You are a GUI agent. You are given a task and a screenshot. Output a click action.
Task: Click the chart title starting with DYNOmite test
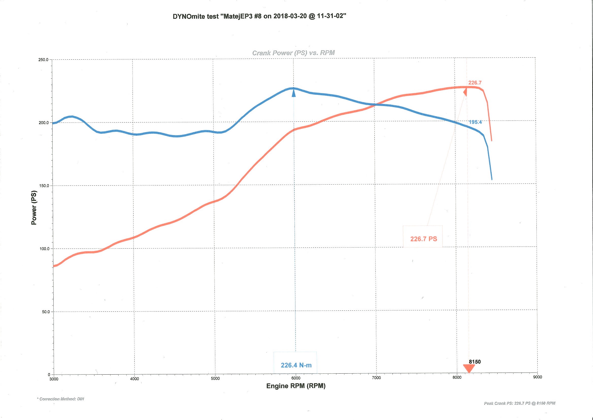pos(259,16)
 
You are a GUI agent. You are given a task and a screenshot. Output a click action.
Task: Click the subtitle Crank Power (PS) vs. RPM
pos(293,53)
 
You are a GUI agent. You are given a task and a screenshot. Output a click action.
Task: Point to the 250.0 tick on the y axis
pos(43,60)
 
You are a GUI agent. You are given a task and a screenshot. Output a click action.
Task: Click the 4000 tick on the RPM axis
pos(134,379)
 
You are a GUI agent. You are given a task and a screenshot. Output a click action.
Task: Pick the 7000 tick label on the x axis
pos(376,378)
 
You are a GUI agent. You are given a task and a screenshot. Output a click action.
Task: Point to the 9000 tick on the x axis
pos(537,377)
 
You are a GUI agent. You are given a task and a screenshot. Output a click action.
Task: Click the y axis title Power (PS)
pos(34,208)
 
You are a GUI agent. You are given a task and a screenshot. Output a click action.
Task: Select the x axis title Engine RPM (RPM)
pos(295,386)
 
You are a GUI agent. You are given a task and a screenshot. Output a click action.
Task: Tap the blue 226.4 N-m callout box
pos(295,363)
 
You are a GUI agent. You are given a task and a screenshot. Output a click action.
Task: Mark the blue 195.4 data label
pos(475,122)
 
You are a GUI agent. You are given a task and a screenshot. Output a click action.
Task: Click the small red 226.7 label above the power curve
pos(475,83)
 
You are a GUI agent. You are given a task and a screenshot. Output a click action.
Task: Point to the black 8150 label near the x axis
pos(475,362)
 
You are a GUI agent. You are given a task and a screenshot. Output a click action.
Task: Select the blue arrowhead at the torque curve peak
pos(293,94)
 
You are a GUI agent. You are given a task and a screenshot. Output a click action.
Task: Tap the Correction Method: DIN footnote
pos(61,399)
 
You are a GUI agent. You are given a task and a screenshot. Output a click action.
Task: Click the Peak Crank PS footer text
pos(519,403)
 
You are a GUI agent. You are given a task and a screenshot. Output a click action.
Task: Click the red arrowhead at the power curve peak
pos(465,92)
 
